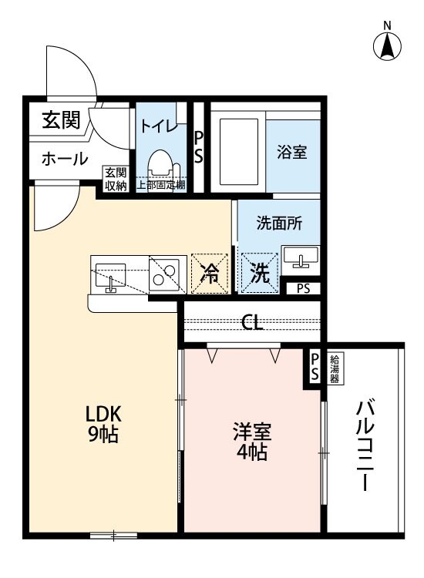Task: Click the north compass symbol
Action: point(389,45)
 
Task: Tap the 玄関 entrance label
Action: point(60,120)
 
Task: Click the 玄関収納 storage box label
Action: point(116,178)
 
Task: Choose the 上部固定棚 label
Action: point(161,185)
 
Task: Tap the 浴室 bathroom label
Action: point(292,152)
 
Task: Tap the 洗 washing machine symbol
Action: point(258,274)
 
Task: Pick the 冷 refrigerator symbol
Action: point(209,273)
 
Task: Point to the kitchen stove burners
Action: point(164,271)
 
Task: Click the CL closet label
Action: point(252,322)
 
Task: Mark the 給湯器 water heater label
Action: point(338,369)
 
